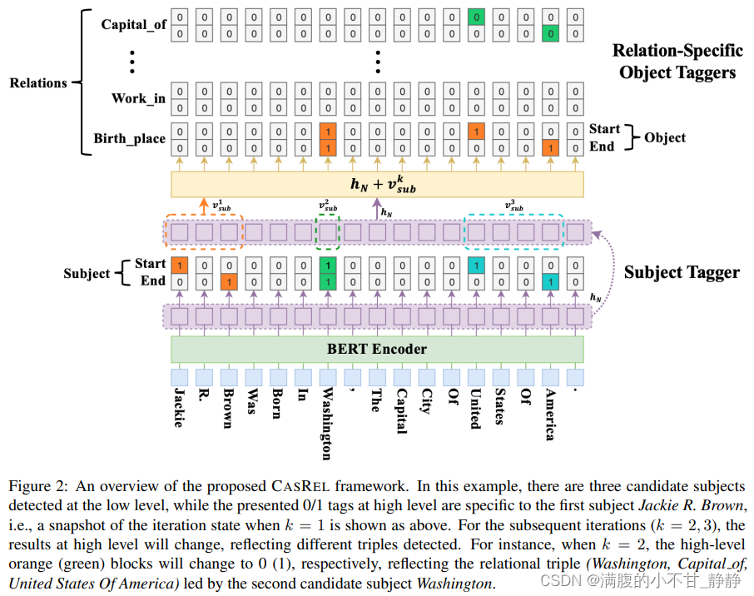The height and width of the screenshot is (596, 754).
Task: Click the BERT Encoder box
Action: tap(377, 349)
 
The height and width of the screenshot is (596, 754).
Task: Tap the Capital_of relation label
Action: tap(134, 24)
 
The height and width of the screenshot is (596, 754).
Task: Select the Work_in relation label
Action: tap(138, 98)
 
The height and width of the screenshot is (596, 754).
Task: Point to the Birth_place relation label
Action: tap(129, 138)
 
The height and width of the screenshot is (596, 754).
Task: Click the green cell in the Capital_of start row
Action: tap(476, 17)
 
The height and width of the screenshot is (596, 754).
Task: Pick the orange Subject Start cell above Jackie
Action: tap(180, 265)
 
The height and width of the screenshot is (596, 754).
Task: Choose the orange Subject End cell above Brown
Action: tap(229, 282)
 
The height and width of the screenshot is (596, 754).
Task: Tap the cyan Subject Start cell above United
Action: tap(476, 265)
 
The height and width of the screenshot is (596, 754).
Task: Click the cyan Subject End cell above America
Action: tap(551, 282)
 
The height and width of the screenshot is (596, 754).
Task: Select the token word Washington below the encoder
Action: tap(327, 424)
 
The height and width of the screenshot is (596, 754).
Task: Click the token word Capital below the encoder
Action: tap(401, 411)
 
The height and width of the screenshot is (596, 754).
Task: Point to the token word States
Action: tap(500, 406)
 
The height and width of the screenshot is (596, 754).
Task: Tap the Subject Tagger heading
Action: tap(682, 272)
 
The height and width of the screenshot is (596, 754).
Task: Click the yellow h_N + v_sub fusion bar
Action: tap(377, 184)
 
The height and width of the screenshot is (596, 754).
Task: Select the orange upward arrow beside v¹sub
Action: tap(204, 206)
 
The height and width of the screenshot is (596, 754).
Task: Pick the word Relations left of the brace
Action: tap(38, 82)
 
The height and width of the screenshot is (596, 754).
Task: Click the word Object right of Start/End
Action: tap(665, 137)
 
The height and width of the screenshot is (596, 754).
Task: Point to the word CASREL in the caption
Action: tap(300, 486)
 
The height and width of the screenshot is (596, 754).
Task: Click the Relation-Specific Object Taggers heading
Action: tap(677, 61)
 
